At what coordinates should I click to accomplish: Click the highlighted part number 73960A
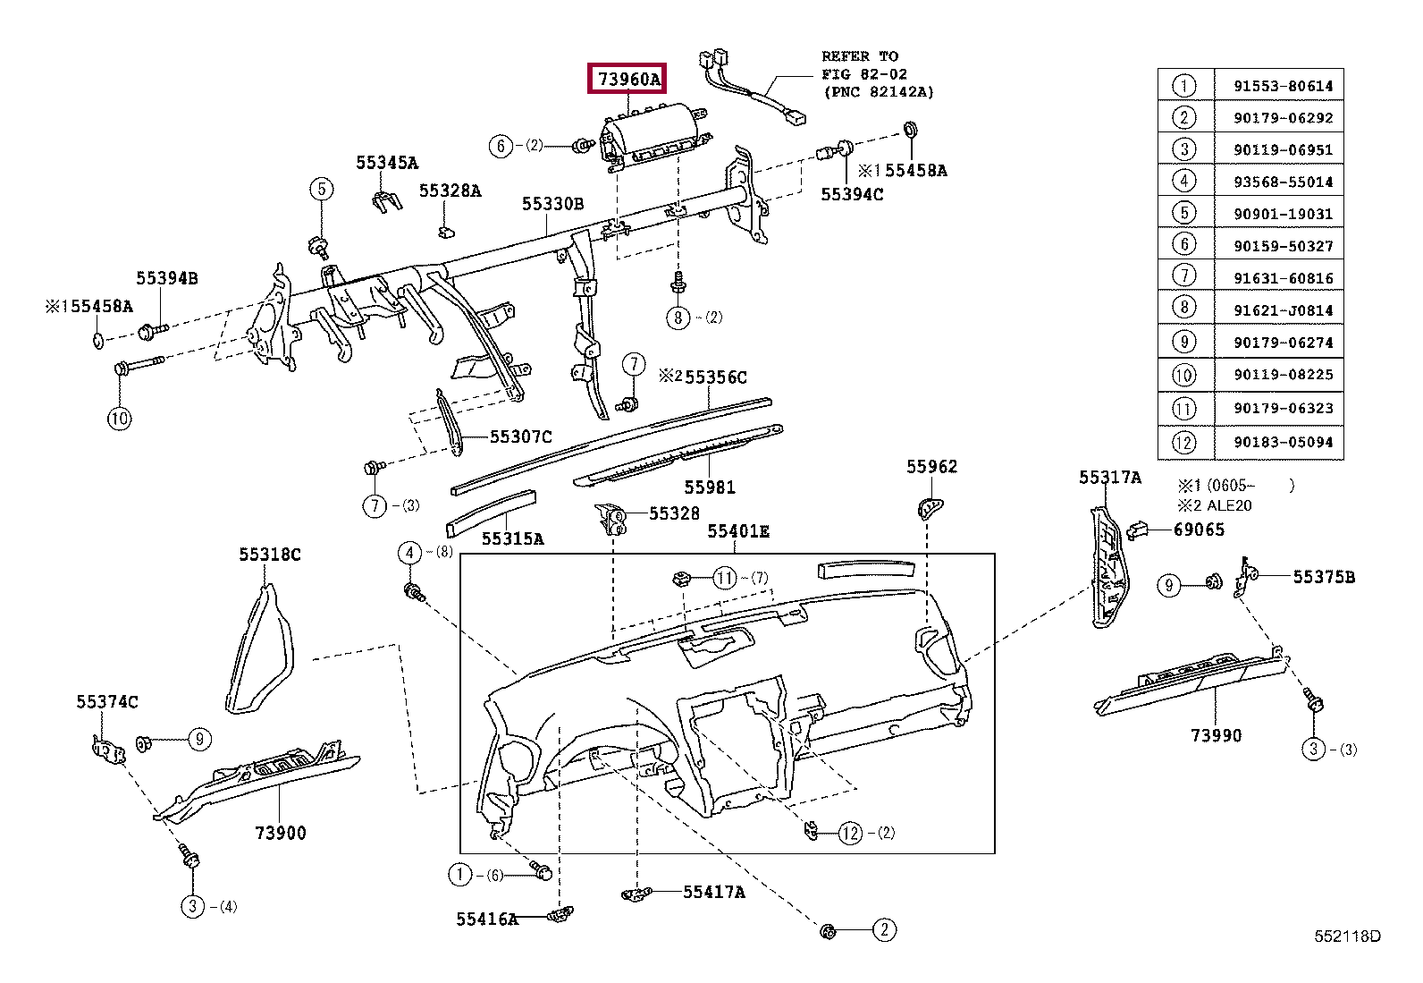coord(627,79)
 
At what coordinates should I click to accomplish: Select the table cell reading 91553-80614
coord(1283,86)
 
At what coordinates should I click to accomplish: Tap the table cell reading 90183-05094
coord(1283,442)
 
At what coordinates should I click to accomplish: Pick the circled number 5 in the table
coord(1183,213)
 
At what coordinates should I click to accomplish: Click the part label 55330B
coord(552,203)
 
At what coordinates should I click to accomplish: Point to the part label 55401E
coord(738,531)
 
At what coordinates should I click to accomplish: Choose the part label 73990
coord(1216,735)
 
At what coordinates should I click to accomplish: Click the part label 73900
coord(280,833)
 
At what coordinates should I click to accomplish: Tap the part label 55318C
coord(269,555)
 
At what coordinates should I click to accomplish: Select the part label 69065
coord(1198,530)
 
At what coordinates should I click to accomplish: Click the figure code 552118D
coord(1347,936)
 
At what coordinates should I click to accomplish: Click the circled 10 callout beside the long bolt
coord(120,419)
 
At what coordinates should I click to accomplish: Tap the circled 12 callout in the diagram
coord(851,833)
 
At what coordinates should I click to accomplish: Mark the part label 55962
coord(931,467)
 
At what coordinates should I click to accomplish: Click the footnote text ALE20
coord(1229,505)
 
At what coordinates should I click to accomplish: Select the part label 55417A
coord(714,892)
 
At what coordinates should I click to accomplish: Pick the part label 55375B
coord(1324,577)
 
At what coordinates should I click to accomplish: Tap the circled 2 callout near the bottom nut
coord(884,930)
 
